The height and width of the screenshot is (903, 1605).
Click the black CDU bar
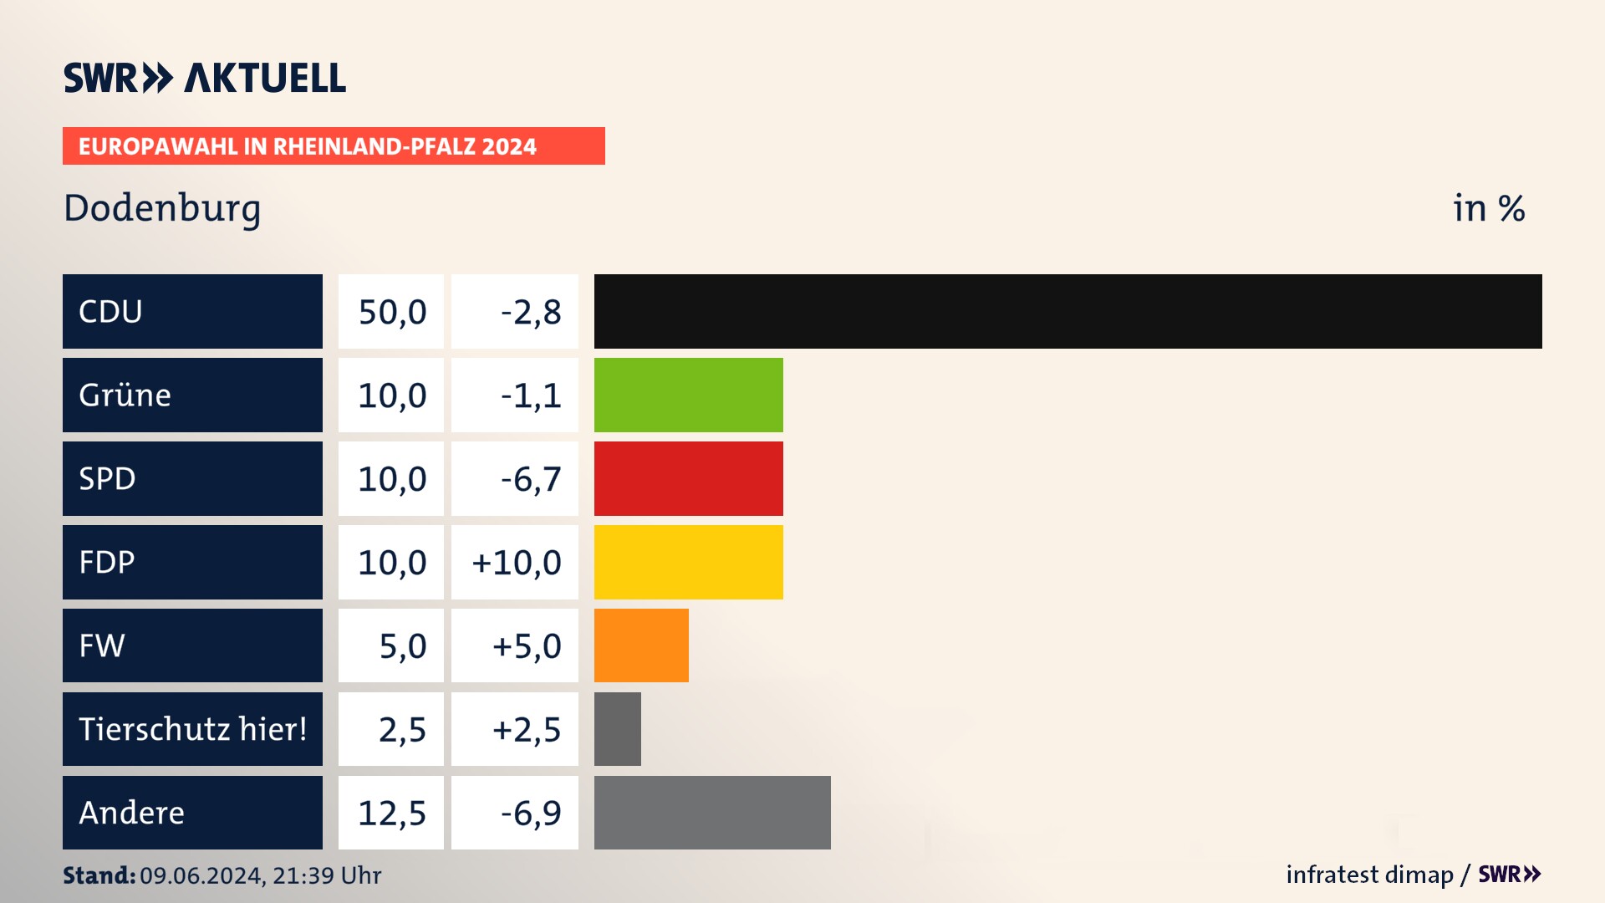pyautogui.click(x=1067, y=311)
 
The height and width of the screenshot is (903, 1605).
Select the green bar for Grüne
pyautogui.click(x=688, y=395)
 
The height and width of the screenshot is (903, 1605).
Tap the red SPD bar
pyautogui.click(x=688, y=478)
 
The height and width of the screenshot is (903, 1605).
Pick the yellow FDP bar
pyautogui.click(x=688, y=562)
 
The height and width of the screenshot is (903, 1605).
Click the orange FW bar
pyautogui.click(x=641, y=645)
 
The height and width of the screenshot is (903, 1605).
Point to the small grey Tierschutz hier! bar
pyautogui.click(x=617, y=729)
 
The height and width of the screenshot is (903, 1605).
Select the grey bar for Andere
pyautogui.click(x=712, y=813)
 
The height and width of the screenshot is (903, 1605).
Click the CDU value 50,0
pyautogui.click(x=392, y=312)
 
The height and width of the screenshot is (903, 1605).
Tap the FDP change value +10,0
pyautogui.click(x=516, y=563)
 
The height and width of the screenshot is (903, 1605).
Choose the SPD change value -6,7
pyautogui.click(x=530, y=479)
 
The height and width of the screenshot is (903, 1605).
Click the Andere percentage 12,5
pyautogui.click(x=392, y=814)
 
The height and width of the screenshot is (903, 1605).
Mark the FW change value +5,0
pyautogui.click(x=526, y=646)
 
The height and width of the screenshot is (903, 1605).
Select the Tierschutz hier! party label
pyautogui.click(x=192, y=729)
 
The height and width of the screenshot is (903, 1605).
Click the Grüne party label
pyautogui.click(x=125, y=395)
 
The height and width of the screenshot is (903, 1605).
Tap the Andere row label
pyautogui.click(x=132, y=813)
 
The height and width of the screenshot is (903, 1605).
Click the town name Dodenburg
pyautogui.click(x=162, y=208)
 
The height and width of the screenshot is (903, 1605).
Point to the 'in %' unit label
pyautogui.click(x=1489, y=208)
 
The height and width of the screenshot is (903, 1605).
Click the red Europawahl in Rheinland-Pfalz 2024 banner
pyautogui.click(x=334, y=146)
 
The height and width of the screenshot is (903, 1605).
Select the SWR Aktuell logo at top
pyautogui.click(x=205, y=78)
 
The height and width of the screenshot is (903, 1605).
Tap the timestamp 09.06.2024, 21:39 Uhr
pyautogui.click(x=260, y=875)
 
